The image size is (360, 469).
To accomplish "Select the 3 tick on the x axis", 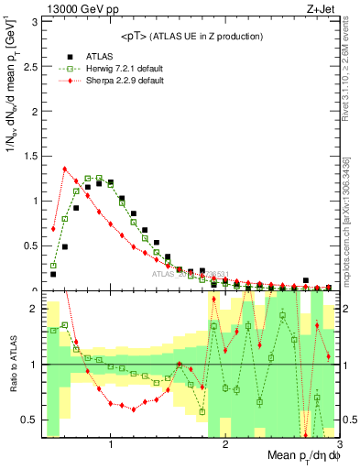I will (339, 445).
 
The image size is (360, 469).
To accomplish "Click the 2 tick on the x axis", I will (225, 445).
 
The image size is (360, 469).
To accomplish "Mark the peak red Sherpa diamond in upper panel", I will (65, 169).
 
